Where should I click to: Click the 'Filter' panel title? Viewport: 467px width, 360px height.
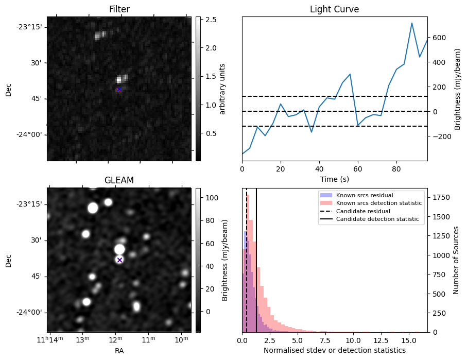click(119, 9)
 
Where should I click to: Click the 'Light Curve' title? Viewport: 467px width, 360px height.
click(334, 9)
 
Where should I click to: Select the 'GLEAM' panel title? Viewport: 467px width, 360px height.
click(119, 180)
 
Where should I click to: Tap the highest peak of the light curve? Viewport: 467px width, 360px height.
click(412, 23)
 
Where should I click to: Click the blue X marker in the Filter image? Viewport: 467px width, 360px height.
click(119, 90)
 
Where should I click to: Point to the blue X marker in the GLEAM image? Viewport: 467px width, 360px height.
click(119, 260)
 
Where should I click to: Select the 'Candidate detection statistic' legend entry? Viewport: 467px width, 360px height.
click(378, 219)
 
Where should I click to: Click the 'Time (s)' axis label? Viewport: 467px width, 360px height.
click(334, 179)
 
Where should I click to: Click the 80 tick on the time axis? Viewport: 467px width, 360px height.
click(396, 168)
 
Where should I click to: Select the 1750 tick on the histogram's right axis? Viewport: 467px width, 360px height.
click(440, 197)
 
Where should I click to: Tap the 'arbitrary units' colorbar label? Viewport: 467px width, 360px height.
click(222, 89)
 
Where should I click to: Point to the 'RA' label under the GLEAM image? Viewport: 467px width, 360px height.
click(119, 351)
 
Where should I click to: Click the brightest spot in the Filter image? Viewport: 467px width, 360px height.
click(119, 80)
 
